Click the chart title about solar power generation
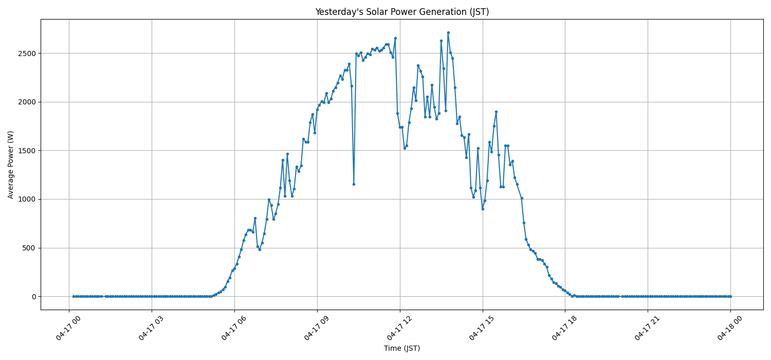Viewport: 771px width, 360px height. coord(402,12)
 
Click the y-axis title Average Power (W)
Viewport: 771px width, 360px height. coord(11,165)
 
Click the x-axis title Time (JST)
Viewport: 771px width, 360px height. coord(402,348)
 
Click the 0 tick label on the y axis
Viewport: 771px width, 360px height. coord(34,297)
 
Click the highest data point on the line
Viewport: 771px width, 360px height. coord(448,32)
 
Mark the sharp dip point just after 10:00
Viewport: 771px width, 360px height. coord(354,184)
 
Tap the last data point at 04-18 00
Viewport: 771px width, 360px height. coord(730,296)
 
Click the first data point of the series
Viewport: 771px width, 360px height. coord(74,296)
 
